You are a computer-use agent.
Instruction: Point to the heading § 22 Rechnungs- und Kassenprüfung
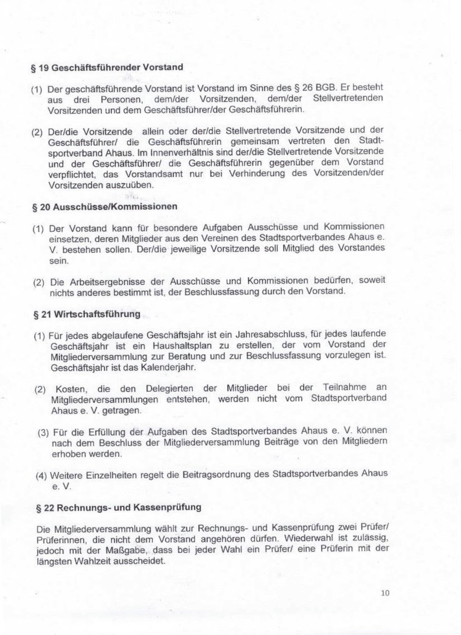click(118, 508)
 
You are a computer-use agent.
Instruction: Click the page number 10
click(385, 593)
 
